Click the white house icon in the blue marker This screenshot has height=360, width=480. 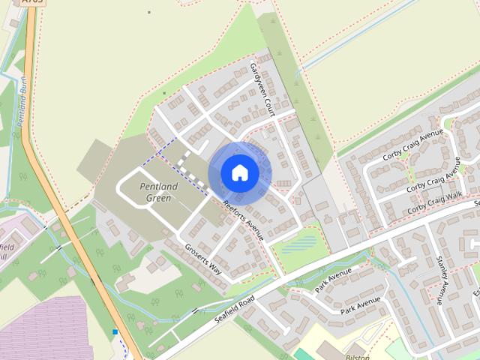239,172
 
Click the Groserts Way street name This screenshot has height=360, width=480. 204,258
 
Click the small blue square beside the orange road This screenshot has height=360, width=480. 115,331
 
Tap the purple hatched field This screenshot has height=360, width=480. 52,330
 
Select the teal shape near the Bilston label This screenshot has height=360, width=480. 303,353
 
